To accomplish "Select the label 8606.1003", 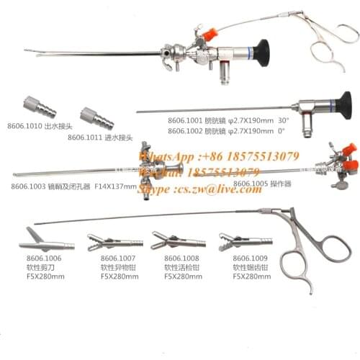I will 30,186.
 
